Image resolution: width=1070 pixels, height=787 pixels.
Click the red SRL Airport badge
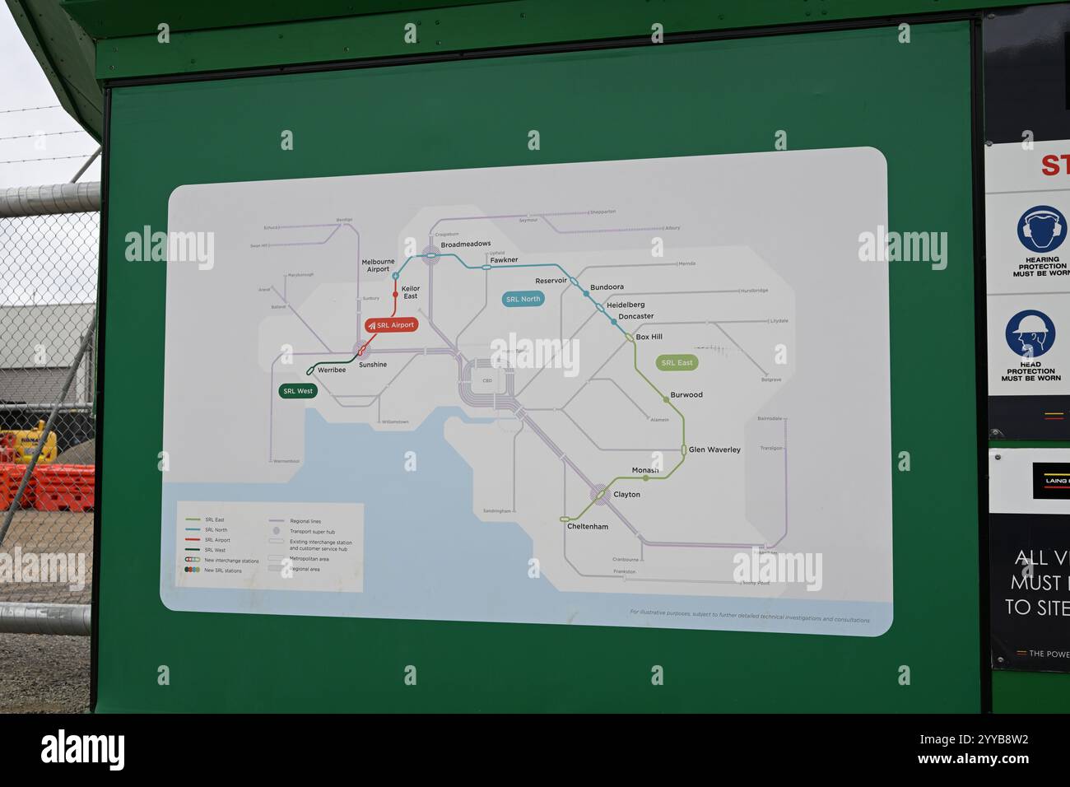(392, 325)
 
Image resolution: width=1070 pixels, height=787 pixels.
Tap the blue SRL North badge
(523, 299)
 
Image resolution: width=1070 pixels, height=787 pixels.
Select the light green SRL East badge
(677, 362)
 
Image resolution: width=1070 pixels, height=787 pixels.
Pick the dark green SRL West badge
(297, 391)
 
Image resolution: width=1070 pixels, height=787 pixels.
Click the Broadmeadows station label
(465, 244)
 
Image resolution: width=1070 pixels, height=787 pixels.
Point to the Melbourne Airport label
(378, 265)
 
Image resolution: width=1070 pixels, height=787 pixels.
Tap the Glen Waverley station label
(714, 449)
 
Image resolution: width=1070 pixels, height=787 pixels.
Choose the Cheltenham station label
(588, 526)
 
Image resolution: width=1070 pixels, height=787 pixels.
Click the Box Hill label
(649, 337)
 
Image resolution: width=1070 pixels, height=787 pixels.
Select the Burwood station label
(686, 395)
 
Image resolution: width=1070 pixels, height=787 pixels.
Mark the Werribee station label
(332, 370)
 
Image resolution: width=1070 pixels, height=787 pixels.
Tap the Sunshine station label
(373, 365)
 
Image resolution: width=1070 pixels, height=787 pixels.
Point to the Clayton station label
(626, 495)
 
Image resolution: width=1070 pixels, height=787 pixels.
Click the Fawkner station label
(504, 260)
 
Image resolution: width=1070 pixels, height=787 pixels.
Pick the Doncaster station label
(635, 316)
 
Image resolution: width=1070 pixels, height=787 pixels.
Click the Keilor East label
(411, 292)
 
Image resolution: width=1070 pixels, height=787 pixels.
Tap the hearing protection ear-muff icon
(1040, 229)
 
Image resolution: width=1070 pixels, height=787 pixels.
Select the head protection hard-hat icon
(1030, 333)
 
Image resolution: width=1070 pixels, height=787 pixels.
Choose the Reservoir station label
(551, 281)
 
